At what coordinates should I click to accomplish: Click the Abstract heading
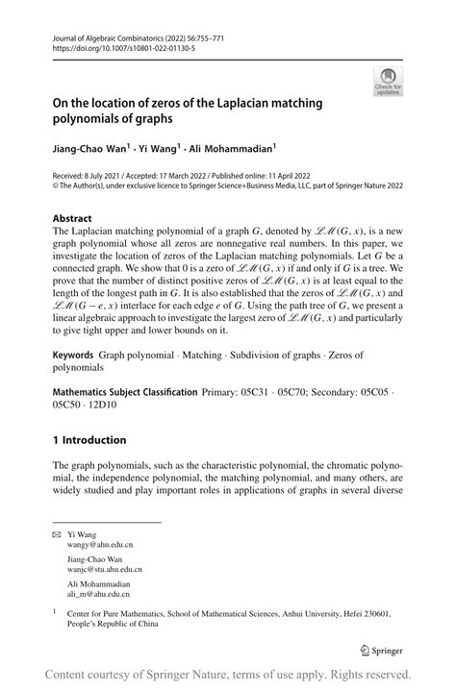pos(73,218)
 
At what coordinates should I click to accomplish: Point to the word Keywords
pos(75,355)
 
